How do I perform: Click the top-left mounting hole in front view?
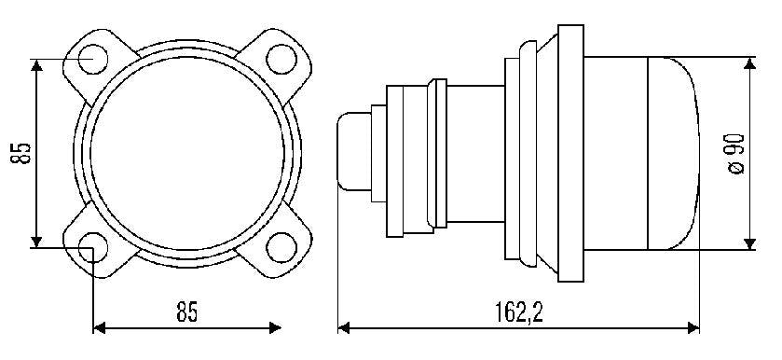(93, 59)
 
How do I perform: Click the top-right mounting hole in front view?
(281, 59)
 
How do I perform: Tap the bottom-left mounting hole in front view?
(93, 248)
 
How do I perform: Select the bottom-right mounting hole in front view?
(281, 248)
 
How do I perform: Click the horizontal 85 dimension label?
(187, 312)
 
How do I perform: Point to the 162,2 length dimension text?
(519, 312)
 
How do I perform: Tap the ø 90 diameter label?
(736, 153)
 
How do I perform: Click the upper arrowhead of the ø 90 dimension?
(749, 63)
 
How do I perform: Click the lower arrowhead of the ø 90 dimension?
(749, 243)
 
